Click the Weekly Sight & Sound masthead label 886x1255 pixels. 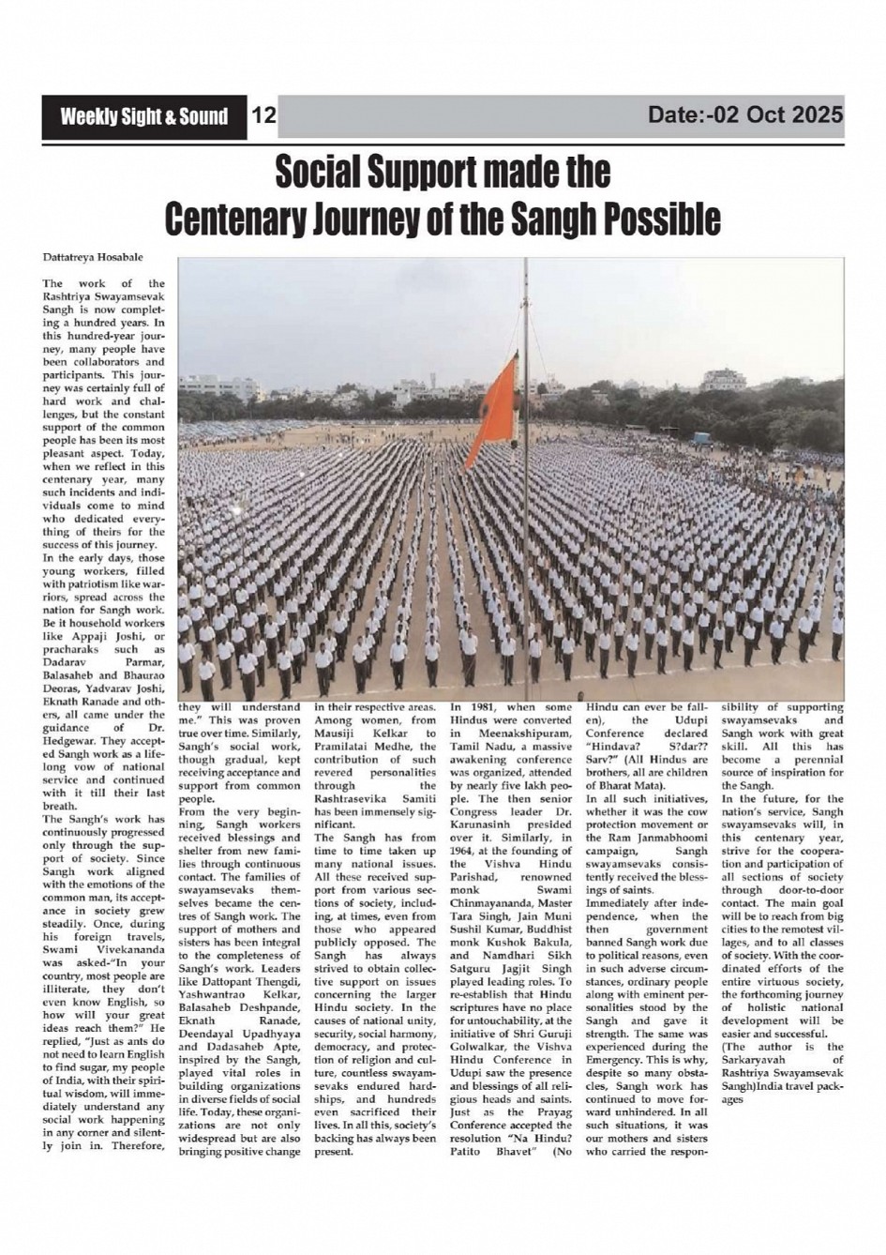tap(143, 116)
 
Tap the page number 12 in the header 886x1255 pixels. tap(264, 116)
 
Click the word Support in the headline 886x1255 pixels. tap(427, 172)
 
